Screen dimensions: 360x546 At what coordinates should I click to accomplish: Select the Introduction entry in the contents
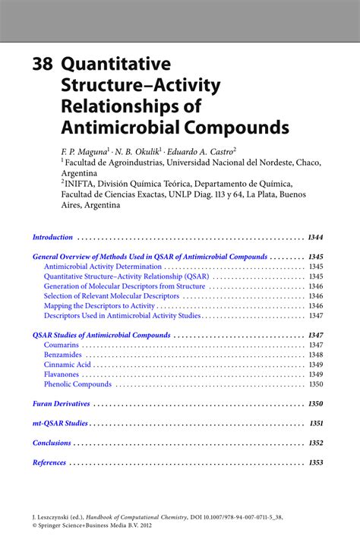click(52, 237)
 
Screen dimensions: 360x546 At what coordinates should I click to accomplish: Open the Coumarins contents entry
click(62, 345)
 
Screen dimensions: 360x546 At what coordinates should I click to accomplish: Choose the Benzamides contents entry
click(63, 355)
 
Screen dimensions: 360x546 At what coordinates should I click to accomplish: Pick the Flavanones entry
click(62, 374)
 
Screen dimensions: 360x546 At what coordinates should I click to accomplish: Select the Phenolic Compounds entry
click(77, 384)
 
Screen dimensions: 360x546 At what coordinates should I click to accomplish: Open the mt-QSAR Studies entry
click(60, 423)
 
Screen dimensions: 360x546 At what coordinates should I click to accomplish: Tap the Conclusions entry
click(52, 443)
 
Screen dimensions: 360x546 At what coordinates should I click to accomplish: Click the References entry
click(49, 462)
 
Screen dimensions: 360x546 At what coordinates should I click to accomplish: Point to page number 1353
click(316, 462)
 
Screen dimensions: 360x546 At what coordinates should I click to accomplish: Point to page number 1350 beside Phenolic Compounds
click(316, 384)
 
